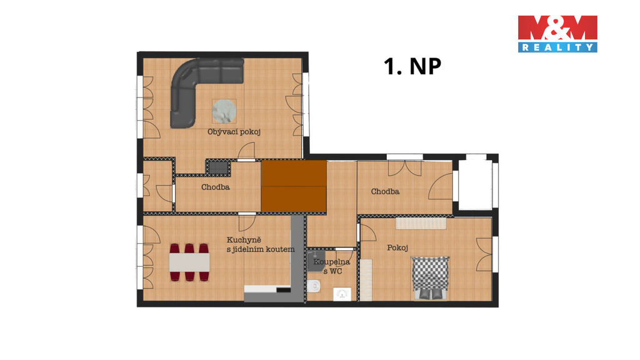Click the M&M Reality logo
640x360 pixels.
click(557, 34)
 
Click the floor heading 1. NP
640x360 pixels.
click(412, 66)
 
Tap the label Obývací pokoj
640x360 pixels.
click(234, 132)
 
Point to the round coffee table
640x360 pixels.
click(224, 111)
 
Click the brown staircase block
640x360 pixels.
click(294, 186)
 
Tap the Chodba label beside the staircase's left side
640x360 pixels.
click(216, 187)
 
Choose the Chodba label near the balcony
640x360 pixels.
click(385, 191)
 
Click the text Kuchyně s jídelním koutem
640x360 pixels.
click(261, 244)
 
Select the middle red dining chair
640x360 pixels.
click(189, 262)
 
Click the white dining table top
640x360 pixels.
click(189, 262)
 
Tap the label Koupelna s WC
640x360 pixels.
click(331, 266)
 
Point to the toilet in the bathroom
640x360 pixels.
click(314, 286)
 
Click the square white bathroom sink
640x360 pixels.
click(342, 294)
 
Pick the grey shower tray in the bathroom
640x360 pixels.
click(315, 261)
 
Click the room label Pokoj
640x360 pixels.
click(397, 247)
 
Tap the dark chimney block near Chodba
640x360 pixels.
click(219, 166)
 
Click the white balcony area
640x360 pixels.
click(475, 184)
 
